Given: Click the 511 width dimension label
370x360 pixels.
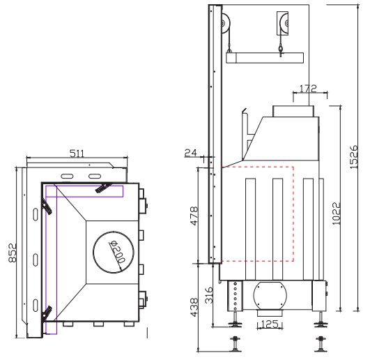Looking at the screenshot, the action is (x=77, y=153).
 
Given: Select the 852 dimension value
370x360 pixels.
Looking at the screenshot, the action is (x=13, y=253).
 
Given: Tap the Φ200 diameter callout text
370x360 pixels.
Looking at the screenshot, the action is (x=117, y=252).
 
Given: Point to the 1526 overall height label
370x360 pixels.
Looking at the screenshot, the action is (x=353, y=157).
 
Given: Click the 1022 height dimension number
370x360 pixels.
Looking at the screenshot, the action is (x=336, y=213).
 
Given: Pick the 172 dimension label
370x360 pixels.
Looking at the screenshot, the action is (x=308, y=89).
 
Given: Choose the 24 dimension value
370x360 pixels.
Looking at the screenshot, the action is (x=190, y=153).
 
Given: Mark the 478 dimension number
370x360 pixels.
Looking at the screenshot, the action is (x=194, y=216).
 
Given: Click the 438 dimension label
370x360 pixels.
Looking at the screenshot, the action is (x=194, y=307).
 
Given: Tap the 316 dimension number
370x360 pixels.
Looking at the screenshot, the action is (x=209, y=295).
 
